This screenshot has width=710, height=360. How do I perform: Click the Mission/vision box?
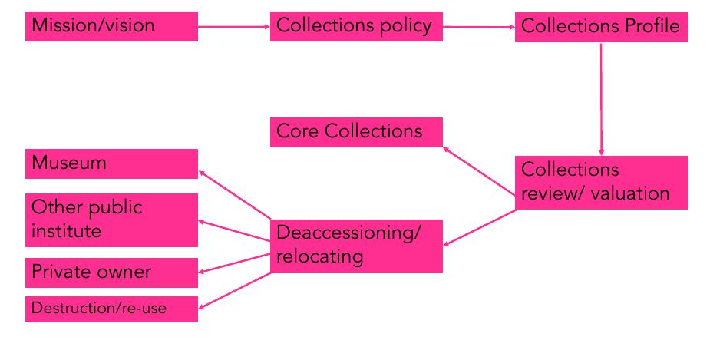(x=111, y=26)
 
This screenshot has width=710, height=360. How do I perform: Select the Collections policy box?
(x=356, y=26)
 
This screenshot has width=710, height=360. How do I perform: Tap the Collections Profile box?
(x=600, y=26)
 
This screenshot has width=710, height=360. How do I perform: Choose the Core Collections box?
(x=356, y=131)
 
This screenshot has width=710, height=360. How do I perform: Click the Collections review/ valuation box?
(x=600, y=182)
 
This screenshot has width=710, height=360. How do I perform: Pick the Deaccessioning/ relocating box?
(x=356, y=245)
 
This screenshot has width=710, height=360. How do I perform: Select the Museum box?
(x=111, y=163)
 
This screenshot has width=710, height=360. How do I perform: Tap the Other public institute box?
(x=111, y=219)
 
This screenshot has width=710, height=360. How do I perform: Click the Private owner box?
(x=111, y=272)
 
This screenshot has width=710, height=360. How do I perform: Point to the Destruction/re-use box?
(x=111, y=309)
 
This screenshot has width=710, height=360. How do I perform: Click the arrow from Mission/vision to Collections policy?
(x=234, y=27)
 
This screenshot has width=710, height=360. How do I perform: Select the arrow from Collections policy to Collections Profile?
(x=478, y=27)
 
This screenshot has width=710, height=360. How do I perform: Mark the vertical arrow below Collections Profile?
(x=601, y=100)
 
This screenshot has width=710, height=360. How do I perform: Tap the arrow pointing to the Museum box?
(x=234, y=194)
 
